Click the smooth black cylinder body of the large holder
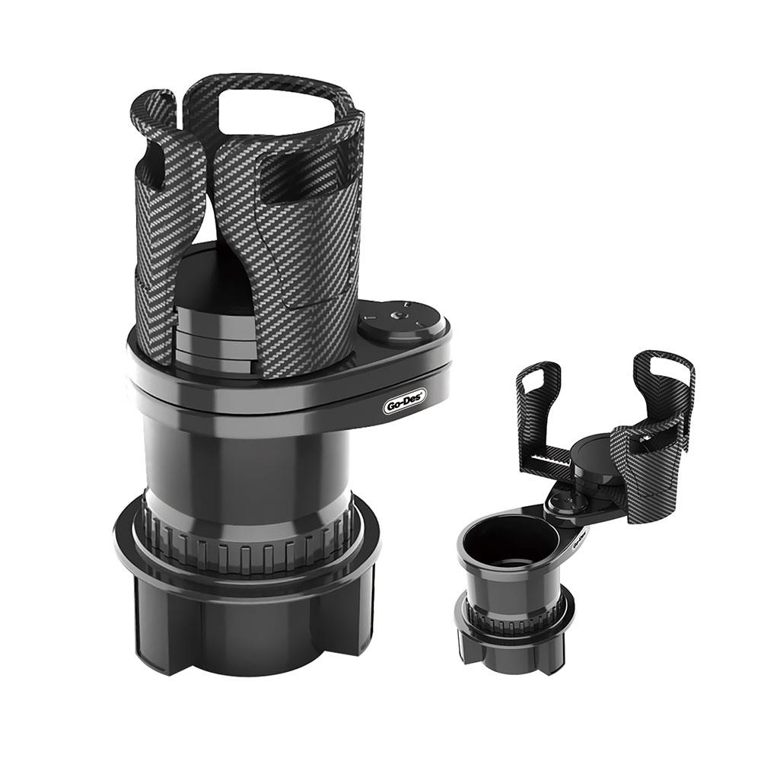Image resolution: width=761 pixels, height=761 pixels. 244,464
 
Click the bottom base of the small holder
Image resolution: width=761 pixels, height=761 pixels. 511,651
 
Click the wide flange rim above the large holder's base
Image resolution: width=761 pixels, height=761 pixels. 244,563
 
